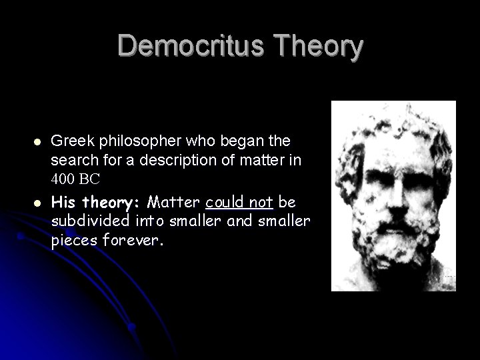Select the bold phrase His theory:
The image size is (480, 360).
click(x=97, y=201)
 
